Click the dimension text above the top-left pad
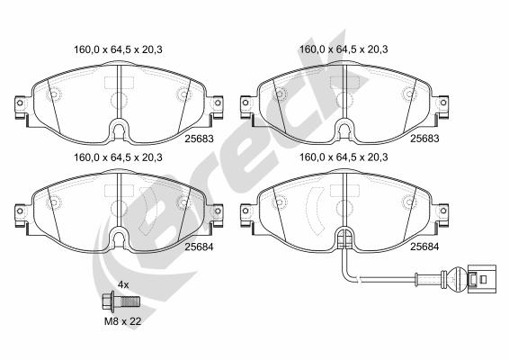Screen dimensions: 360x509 click(114, 50)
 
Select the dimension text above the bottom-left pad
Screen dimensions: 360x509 click(114, 157)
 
